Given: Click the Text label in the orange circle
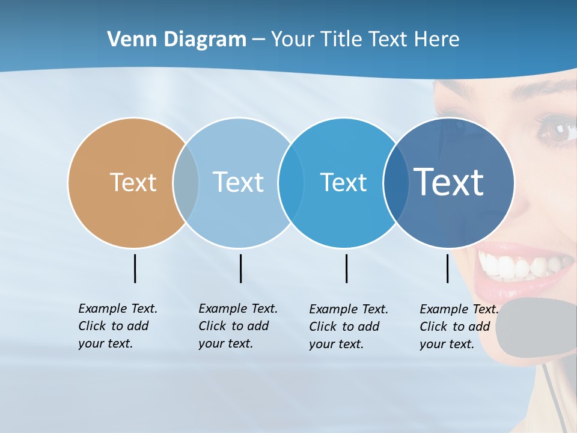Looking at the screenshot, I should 133,182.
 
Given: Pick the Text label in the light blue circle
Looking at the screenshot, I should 238,182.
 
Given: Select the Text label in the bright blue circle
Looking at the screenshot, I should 343,182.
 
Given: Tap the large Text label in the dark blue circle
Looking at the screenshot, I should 449,182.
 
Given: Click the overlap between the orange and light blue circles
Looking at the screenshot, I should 186,182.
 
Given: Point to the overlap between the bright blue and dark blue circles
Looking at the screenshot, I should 396,182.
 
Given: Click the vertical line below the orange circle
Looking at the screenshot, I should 135,268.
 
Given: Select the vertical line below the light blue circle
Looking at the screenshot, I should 240,268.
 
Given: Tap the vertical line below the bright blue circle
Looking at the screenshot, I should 346,268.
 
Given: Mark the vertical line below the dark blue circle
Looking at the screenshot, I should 447,268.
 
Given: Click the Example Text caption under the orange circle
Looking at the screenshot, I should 117,326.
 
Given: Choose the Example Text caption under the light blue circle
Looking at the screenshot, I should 237,326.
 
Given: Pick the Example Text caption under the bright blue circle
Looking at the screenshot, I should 348,327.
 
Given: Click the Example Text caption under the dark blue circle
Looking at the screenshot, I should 459,327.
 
